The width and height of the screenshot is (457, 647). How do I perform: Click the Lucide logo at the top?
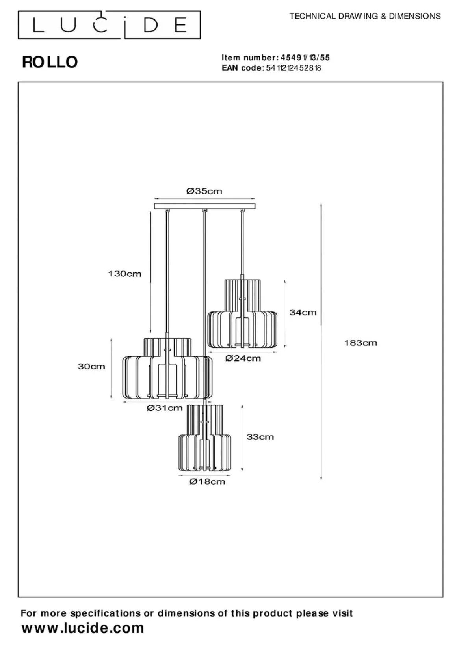click(110, 25)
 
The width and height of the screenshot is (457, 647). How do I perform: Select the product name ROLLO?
click(50, 62)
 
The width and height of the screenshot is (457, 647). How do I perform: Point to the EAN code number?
click(294, 68)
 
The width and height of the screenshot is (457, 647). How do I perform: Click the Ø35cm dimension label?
click(204, 191)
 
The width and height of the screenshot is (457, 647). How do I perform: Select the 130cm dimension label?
click(125, 274)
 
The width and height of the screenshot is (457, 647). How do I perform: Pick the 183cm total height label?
click(360, 343)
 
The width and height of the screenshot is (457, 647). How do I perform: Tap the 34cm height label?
click(303, 312)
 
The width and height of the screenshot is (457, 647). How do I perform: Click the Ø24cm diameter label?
click(243, 358)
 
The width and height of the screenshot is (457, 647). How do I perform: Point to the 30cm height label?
click(91, 366)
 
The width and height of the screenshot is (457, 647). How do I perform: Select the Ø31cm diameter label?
click(165, 408)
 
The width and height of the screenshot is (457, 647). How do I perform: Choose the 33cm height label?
click(260, 437)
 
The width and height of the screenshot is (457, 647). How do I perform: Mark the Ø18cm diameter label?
click(207, 481)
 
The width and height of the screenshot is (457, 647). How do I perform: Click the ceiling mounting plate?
click(204, 206)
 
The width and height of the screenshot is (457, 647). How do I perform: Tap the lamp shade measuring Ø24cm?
click(242, 314)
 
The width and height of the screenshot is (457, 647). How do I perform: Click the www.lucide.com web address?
click(83, 628)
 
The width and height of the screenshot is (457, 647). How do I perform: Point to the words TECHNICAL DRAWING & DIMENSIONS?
click(365, 16)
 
